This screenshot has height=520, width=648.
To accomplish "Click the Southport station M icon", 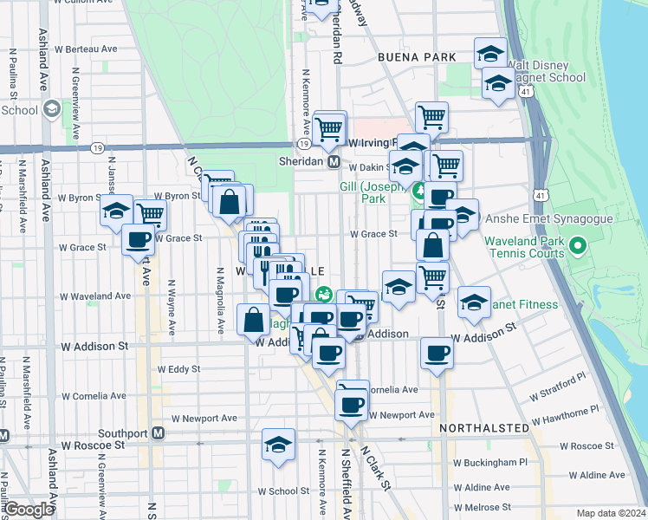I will (158, 432).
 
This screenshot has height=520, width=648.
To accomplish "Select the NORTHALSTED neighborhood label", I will (483, 428).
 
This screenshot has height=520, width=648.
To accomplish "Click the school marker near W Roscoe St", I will (278, 445).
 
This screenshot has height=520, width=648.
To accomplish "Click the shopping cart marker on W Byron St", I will (151, 212).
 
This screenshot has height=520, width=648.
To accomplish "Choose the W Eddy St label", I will (178, 368).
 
